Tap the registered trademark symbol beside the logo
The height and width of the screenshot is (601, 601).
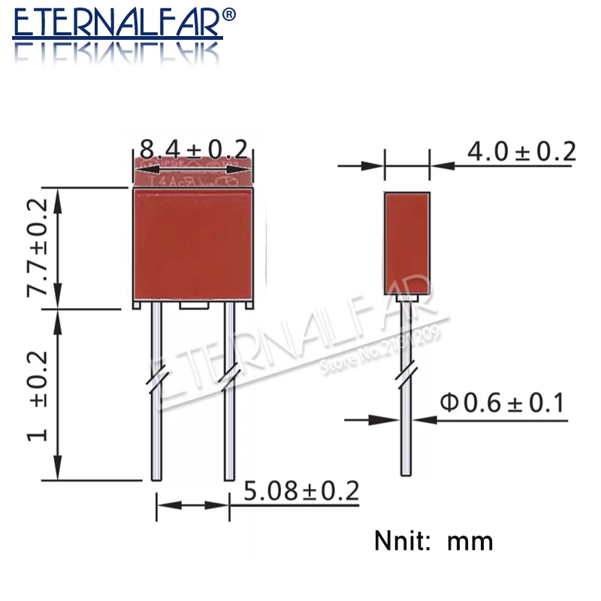[x=230, y=14]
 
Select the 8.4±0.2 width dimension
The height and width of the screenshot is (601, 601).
[x=194, y=149]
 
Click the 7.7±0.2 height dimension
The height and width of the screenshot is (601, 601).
[x=38, y=247]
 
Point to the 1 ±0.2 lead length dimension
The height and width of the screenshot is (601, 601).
[x=38, y=395]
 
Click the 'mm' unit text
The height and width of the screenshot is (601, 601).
[x=470, y=541]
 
